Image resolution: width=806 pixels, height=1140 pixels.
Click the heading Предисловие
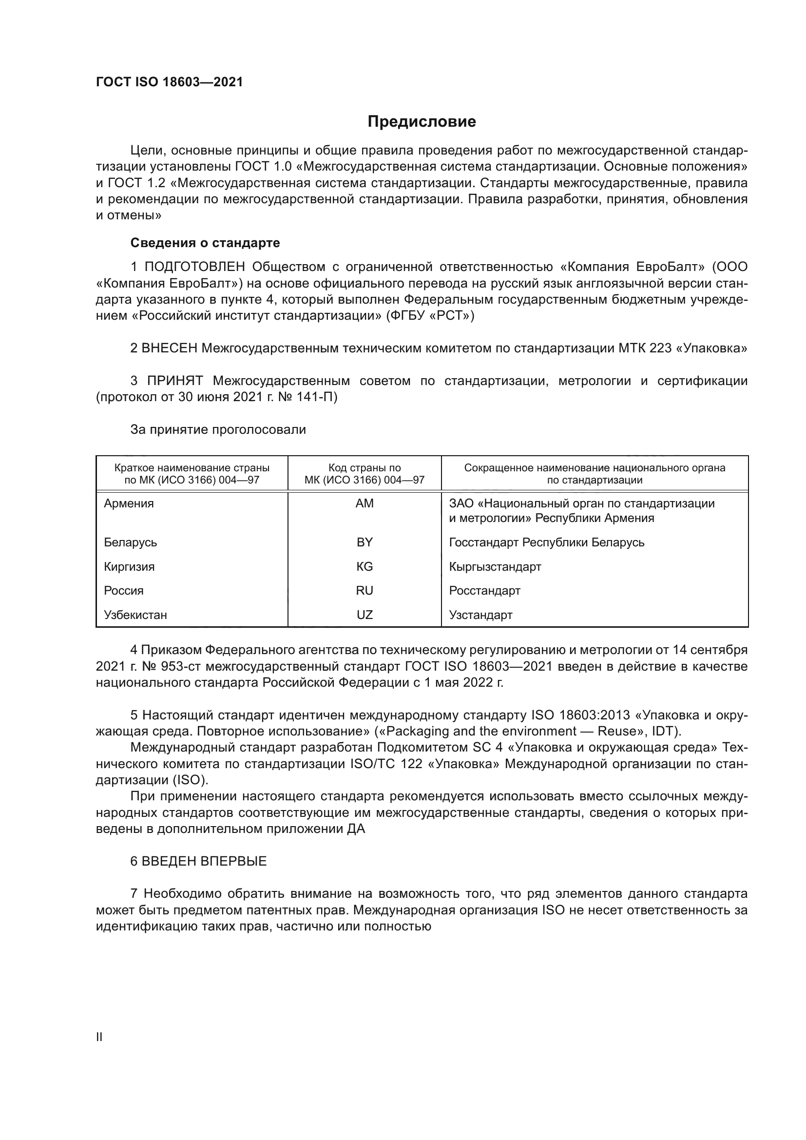click(x=422, y=122)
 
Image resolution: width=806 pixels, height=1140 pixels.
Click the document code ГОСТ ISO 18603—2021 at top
click(x=169, y=82)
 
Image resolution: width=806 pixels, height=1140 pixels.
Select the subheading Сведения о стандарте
click(x=205, y=243)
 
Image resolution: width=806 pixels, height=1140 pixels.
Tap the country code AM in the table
click(x=365, y=503)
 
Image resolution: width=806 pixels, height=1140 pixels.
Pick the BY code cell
click(x=365, y=542)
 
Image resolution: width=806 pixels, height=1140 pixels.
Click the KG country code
click(x=365, y=566)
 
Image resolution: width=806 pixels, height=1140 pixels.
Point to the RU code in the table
click(x=365, y=590)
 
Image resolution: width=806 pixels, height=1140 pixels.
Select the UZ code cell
click(x=365, y=615)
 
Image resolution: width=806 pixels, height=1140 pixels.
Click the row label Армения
click(x=129, y=503)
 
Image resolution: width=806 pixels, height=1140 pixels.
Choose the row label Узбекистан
click(x=135, y=615)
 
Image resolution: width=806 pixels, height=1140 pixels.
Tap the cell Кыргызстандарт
click(x=495, y=566)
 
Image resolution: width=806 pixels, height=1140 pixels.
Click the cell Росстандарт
click(x=484, y=590)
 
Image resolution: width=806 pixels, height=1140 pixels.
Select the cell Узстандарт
click(x=480, y=615)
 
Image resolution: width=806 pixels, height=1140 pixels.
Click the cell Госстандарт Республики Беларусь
click(x=546, y=542)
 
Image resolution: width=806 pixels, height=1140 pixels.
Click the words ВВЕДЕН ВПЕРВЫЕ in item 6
click(x=204, y=861)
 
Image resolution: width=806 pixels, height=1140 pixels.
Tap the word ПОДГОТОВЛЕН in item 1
click(x=194, y=267)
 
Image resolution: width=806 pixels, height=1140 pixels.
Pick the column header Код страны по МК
click(x=365, y=474)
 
